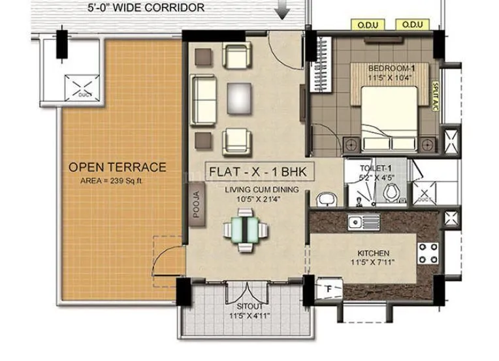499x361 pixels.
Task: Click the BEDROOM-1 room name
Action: pos(392,68)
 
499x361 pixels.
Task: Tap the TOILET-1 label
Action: pos(374,167)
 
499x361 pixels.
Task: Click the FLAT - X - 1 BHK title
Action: pos(259,172)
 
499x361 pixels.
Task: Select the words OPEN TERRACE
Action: pos(118,167)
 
